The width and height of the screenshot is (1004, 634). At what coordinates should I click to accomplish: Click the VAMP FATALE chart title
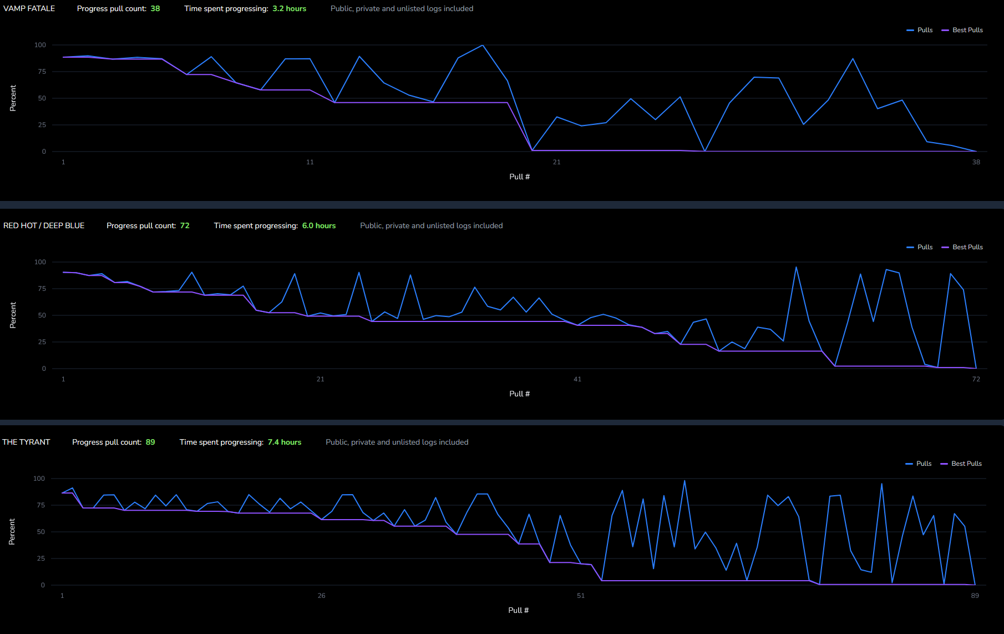pos(29,8)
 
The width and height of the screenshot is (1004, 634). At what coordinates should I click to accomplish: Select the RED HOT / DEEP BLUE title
pos(44,225)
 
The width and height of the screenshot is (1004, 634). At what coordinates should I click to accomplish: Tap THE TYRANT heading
pos(26,442)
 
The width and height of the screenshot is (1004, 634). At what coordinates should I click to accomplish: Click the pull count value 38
pos(155,8)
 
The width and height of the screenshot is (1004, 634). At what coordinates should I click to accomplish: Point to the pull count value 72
pos(185,225)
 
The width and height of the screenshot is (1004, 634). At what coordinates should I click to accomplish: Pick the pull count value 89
pos(150,442)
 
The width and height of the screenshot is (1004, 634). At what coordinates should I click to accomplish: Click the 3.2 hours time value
pos(289,8)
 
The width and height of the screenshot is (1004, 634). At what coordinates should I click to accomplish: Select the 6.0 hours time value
pos(319,225)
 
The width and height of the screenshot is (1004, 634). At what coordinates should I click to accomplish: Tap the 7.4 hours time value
pos(285,442)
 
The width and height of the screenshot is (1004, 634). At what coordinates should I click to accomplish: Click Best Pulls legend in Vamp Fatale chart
pos(967,30)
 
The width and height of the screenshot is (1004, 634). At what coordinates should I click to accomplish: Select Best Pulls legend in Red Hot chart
pos(967,247)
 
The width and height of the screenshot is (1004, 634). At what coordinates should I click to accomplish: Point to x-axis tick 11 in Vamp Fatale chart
pos(310,162)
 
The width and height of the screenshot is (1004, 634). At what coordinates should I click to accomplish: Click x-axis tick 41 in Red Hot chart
pos(577,379)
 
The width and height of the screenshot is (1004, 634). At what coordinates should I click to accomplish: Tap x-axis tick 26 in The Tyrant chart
pos(322,596)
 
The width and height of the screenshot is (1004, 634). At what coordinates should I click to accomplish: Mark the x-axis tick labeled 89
pos(975,596)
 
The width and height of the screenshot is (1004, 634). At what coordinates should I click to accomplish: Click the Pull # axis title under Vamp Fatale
pos(519,177)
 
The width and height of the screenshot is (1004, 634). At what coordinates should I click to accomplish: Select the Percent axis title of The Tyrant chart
pos(12,531)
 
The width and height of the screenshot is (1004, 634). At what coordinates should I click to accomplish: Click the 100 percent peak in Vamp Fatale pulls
pos(483,45)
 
